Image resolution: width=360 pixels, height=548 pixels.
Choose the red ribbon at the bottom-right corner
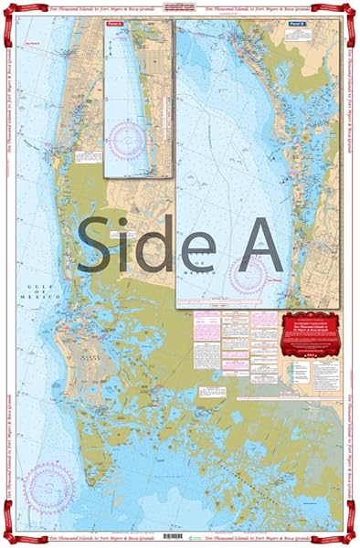point(349,537)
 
